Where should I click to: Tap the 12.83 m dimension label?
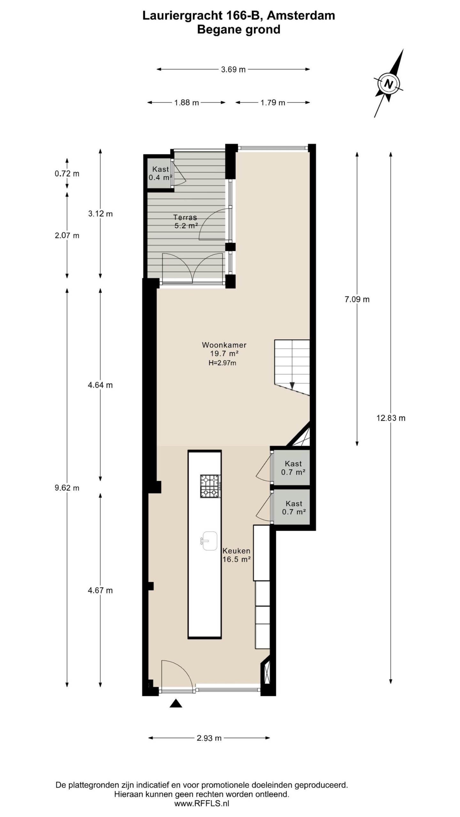point(391,418)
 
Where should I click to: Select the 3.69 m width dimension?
point(233,69)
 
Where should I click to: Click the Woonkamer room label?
point(224,345)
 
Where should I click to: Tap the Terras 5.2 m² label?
point(185,221)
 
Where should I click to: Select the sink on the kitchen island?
point(209,541)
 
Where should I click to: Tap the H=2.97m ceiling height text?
point(222,363)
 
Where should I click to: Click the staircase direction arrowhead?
point(292,386)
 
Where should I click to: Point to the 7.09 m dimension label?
point(357,299)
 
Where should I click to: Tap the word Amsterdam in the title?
point(301,16)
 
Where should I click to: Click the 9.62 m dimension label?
point(67,488)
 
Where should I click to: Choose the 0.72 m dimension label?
point(67,174)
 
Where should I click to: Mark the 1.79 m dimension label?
point(273,102)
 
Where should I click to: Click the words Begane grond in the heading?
point(239,30)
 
